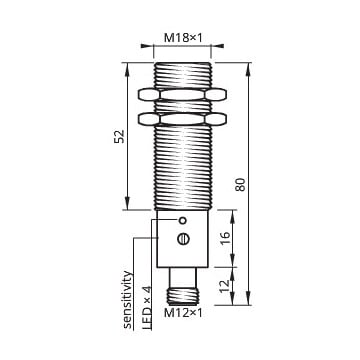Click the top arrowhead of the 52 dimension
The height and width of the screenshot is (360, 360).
point(128,66)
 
